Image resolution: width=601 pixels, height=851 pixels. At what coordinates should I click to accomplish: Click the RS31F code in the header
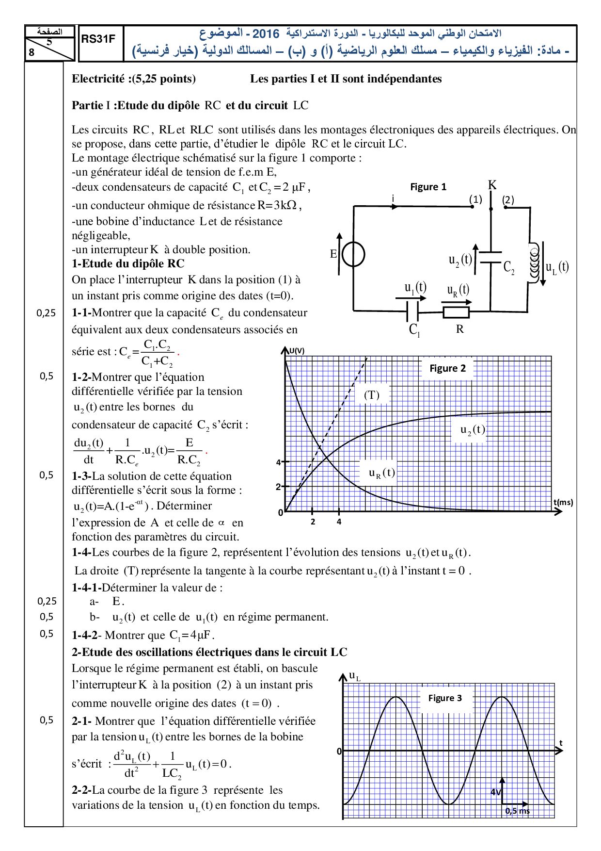pos(98,39)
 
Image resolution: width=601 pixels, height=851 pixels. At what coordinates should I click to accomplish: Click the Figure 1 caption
pos(428,187)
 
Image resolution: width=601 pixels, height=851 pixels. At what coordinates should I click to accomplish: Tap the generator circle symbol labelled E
pos(354,254)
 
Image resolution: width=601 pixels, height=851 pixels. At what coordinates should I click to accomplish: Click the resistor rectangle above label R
pos(456,312)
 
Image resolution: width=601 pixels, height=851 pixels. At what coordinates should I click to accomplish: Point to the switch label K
pos(492,185)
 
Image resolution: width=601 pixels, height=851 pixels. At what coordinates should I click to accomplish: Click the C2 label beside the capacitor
pos(509,267)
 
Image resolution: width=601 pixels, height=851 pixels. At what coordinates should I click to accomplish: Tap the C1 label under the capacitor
pos(414,330)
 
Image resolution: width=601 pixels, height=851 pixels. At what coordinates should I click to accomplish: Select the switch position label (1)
pos(475,199)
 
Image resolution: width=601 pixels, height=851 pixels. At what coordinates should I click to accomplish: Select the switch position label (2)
pos(508,199)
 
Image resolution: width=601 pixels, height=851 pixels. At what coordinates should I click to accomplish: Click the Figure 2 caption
pos(447,368)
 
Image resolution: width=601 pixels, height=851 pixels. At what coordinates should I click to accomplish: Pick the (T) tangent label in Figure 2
pos(372,395)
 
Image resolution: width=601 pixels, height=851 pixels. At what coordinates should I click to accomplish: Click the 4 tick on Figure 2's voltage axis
pos(279,462)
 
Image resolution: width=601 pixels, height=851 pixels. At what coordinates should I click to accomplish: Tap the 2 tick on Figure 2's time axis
pos(313,522)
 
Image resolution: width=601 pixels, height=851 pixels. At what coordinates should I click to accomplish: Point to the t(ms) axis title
pos(563,502)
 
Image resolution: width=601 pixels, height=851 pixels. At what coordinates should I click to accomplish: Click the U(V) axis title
pos(297,351)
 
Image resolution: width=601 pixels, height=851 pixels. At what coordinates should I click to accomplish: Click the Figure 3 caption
pos(445,698)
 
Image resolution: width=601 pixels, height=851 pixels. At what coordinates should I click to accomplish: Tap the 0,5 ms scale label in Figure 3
pos(517,811)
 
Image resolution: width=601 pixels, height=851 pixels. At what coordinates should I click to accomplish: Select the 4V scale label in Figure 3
pos(495,792)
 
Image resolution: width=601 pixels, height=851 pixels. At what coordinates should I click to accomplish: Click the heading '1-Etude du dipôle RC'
pos(128,263)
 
